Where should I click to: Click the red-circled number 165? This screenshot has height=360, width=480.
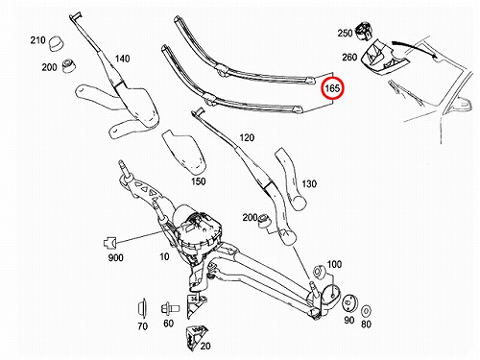tap(332, 87)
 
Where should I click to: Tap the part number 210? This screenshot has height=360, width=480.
tap(37, 40)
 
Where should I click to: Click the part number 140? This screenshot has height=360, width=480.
tap(122, 59)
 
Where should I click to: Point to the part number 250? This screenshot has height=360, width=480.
tap(345, 33)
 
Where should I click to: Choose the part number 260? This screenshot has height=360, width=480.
tap(349, 57)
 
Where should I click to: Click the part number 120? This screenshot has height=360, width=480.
tap(247, 137)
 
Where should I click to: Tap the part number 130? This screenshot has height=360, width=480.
tap(309, 183)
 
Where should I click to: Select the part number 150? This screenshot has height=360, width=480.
tap(198, 181)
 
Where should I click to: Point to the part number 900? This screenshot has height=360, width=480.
tap(115, 257)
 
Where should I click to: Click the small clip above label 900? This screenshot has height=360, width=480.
tap(109, 243)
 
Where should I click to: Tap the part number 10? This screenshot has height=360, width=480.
tap(164, 256)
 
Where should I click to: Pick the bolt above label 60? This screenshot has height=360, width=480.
tap(170, 309)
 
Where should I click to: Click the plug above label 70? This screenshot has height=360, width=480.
tap(142, 309)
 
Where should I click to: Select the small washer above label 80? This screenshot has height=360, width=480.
tap(366, 311)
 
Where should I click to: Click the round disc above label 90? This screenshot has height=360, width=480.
tap(349, 303)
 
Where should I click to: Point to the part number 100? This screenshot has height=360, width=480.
tap(334, 264)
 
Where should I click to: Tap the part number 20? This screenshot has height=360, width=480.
tap(205, 346)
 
